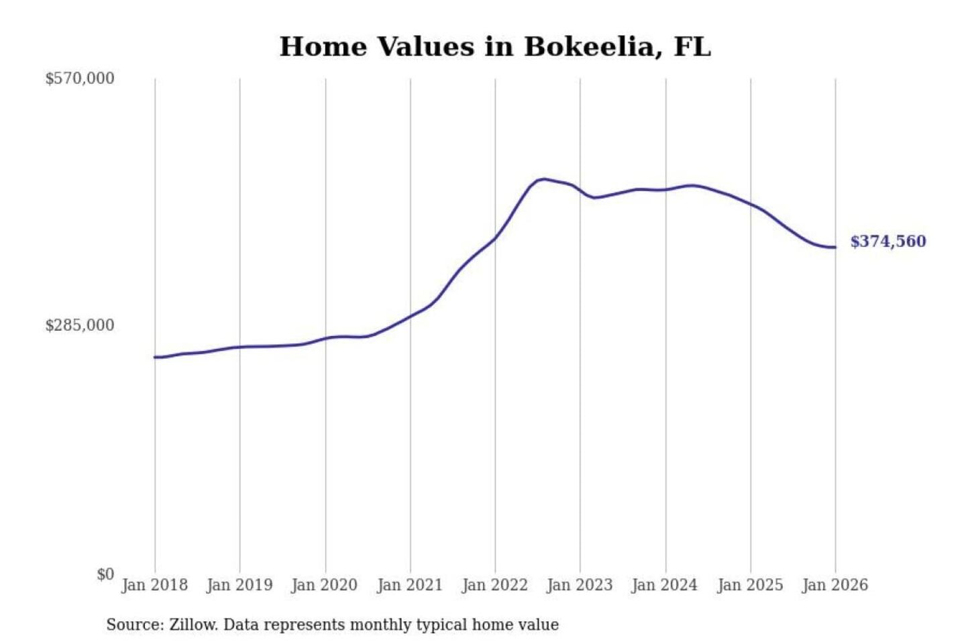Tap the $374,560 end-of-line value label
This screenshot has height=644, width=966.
coord(888,241)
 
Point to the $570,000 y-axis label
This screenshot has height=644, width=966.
coord(80,78)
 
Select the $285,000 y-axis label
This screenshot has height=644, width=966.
coord(80,325)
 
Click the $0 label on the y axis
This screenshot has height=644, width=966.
coord(105,574)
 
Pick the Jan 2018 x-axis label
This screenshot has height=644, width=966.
coord(154,585)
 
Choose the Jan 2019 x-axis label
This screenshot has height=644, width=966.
coord(239,585)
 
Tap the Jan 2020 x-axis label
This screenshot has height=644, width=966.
coord(325,585)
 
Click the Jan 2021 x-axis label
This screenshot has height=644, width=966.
coord(410,585)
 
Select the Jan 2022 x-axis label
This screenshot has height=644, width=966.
coord(495,585)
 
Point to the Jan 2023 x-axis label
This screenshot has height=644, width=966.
coord(580,585)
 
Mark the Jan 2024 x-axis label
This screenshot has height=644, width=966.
coord(665,585)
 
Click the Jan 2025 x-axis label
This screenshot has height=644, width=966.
coord(750,585)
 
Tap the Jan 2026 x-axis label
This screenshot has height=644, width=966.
coord(835,585)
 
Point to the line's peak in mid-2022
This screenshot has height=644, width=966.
coord(544,179)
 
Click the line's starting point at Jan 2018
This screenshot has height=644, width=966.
coord(155,357)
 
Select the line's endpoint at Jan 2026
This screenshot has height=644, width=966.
coord(835,248)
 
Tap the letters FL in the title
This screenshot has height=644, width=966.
coord(692,47)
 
